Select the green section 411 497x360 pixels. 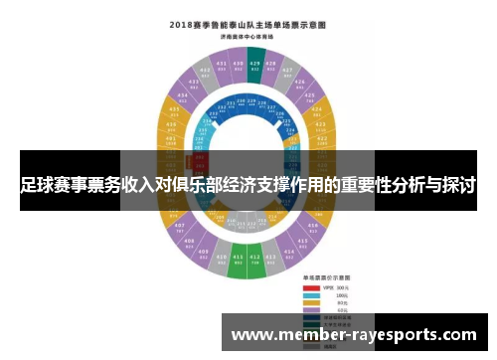(238, 266)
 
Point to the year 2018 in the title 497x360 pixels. (179, 22)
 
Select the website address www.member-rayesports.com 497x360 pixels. (354, 335)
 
